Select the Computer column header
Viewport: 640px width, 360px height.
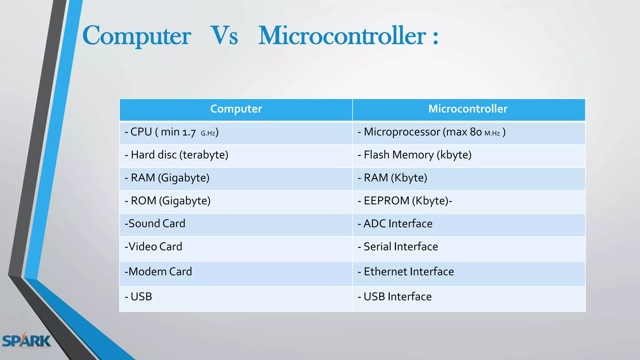(236, 109)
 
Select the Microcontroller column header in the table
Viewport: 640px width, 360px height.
(468, 109)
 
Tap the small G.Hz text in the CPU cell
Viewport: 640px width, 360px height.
(208, 133)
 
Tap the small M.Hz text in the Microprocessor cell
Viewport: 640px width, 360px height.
(492, 133)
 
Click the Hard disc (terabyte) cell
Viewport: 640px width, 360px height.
(177, 155)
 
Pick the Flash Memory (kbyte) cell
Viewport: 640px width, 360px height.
(415, 155)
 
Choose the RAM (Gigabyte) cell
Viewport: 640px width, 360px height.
(167, 178)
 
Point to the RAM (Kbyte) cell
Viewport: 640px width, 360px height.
(392, 178)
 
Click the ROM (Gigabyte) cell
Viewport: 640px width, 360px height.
(168, 201)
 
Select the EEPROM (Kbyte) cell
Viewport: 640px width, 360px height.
(405, 201)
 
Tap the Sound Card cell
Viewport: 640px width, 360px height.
(155, 224)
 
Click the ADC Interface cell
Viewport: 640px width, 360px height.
(395, 224)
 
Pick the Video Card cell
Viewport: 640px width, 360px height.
(153, 247)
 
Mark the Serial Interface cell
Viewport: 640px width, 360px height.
(398, 247)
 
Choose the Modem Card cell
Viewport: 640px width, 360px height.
(158, 272)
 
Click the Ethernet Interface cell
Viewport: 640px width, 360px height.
(406, 272)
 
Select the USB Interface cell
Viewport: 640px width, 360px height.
(395, 297)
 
